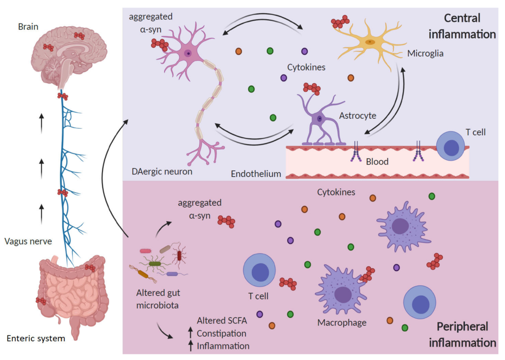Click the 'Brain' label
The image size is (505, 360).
click(x=28, y=27)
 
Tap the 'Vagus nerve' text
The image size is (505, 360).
click(x=29, y=241)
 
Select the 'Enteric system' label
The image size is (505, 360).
click(x=36, y=338)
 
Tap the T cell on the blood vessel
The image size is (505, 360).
click(x=451, y=146)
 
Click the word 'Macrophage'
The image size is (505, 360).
click(x=342, y=322)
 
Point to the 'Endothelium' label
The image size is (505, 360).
click(x=256, y=174)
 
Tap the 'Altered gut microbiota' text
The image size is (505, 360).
click(x=158, y=299)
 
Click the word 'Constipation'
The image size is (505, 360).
click(x=221, y=333)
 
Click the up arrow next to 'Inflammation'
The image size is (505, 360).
click(x=190, y=346)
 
